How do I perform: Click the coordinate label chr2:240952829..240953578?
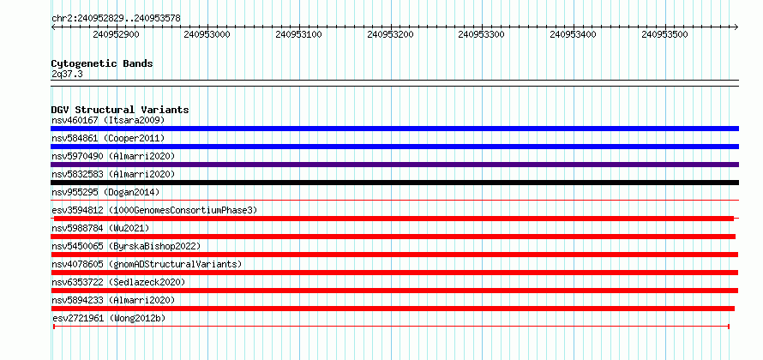(116, 19)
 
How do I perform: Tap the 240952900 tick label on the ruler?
(116, 34)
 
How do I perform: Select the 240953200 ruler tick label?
(390, 34)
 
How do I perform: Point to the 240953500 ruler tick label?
(664, 34)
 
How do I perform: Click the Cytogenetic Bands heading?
(102, 63)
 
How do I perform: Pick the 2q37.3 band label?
(67, 75)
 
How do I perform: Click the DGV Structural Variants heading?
(120, 110)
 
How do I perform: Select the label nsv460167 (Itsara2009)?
(108, 120)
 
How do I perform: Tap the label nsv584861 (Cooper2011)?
(108, 138)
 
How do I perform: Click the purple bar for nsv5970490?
(394, 165)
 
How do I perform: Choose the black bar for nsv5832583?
(394, 183)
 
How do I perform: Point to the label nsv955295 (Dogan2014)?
(105, 192)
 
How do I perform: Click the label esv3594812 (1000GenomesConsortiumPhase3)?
(154, 210)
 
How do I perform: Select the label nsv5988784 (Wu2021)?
(100, 228)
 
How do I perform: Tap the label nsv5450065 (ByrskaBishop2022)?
(126, 246)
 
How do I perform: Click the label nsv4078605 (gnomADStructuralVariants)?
(147, 264)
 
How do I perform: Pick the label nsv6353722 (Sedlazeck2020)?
(118, 282)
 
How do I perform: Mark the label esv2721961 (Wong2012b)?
(108, 319)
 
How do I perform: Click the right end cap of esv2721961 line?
(729, 327)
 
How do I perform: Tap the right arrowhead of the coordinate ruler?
(736, 27)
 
